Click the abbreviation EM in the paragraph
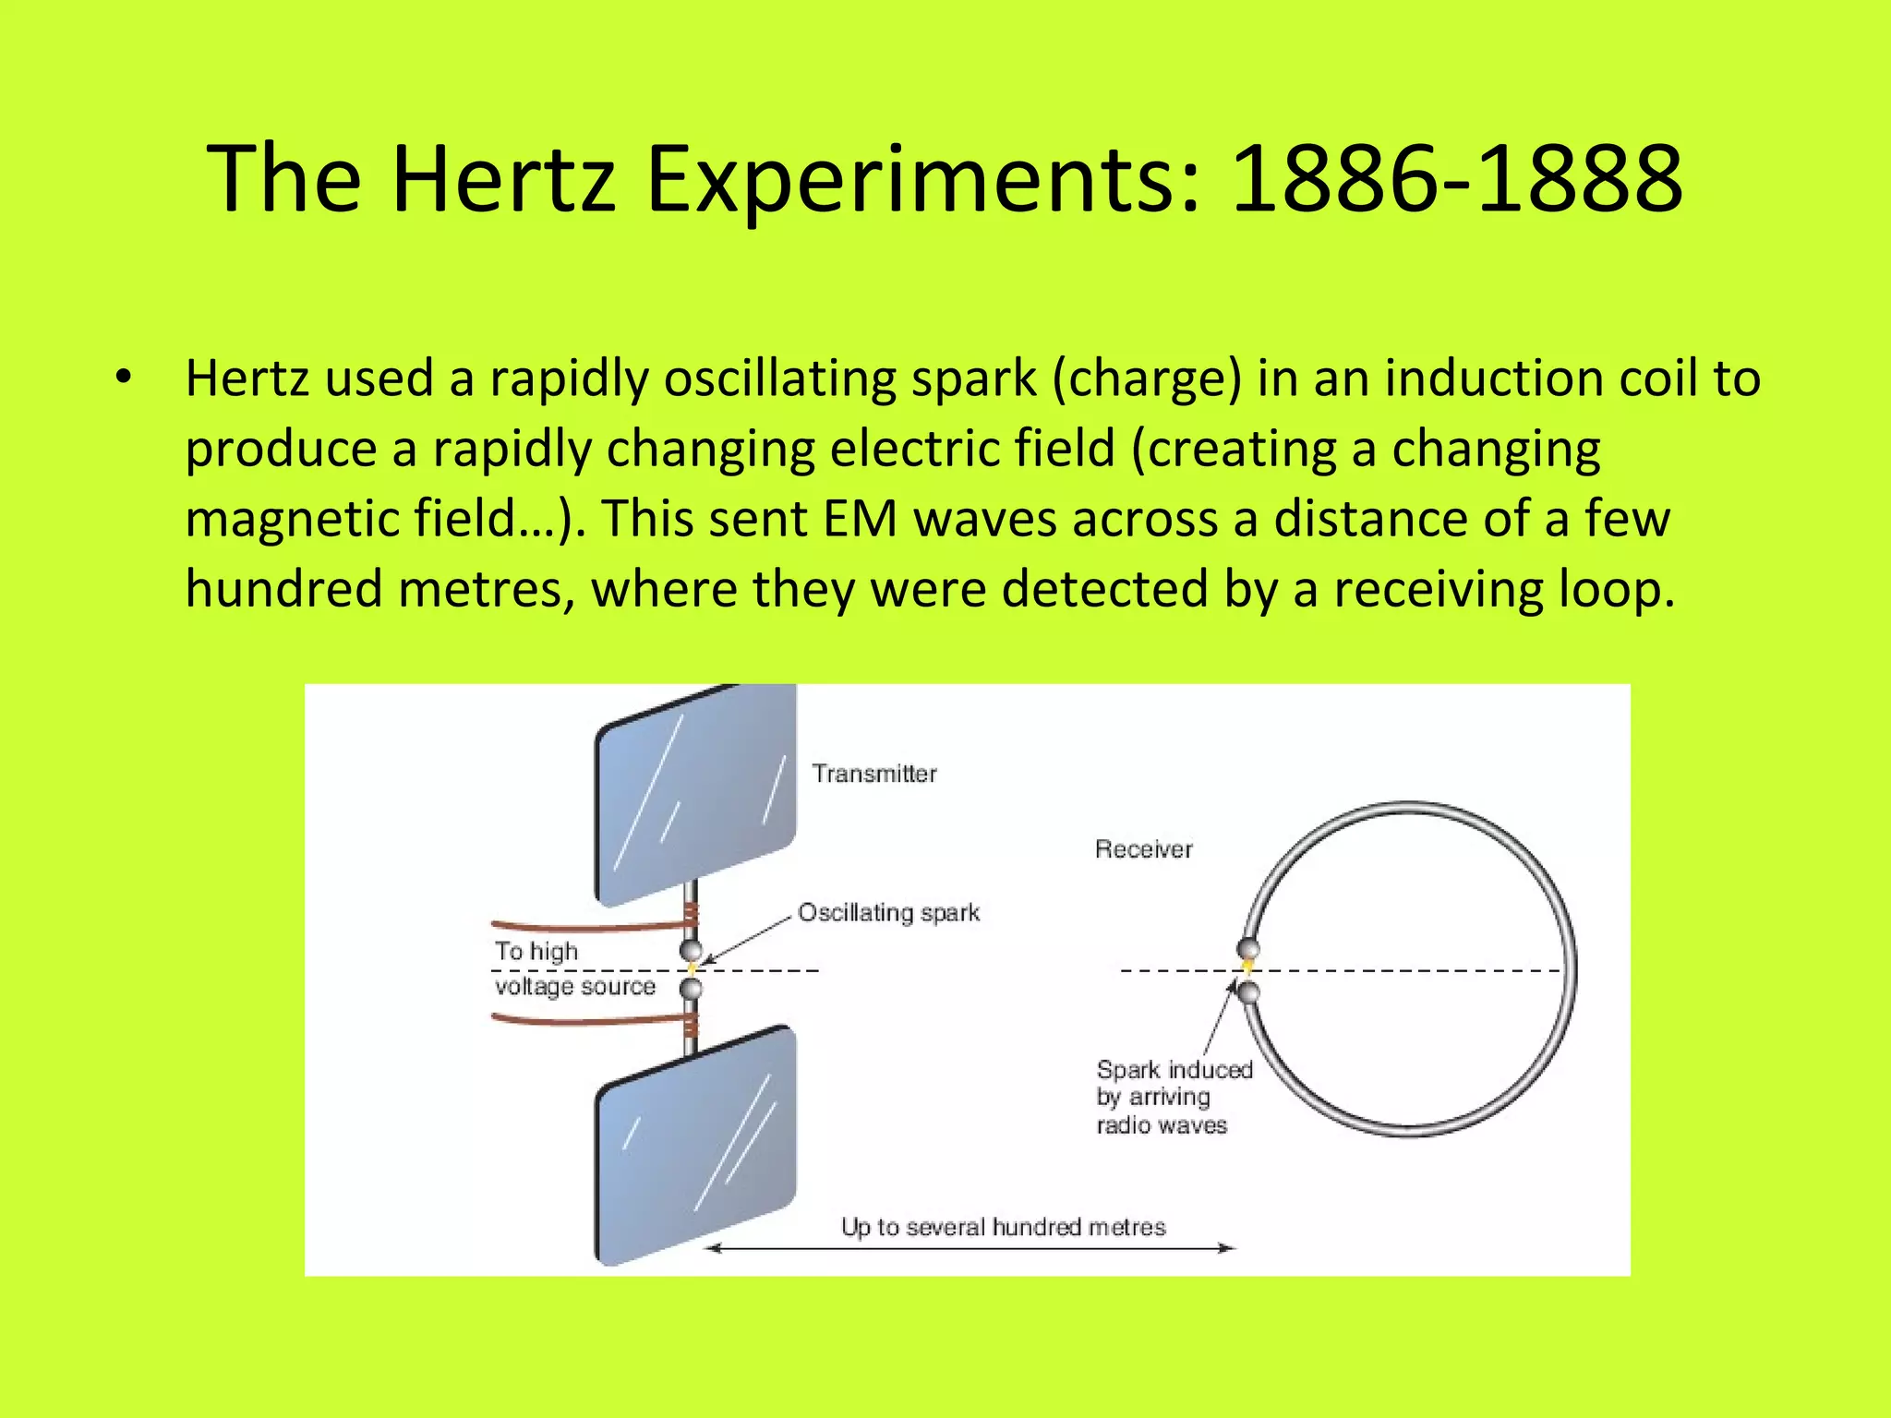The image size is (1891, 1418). (x=860, y=518)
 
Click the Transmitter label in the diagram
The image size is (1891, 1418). (x=873, y=774)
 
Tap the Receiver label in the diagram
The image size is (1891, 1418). (x=1143, y=849)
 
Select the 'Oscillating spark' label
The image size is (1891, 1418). (x=888, y=913)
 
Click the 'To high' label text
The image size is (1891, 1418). (x=536, y=951)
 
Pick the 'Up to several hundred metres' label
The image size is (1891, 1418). (x=1003, y=1227)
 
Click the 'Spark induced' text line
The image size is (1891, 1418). (x=1174, y=1070)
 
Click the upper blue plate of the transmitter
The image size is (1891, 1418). (x=695, y=794)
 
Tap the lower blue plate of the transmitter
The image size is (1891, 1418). (x=695, y=1145)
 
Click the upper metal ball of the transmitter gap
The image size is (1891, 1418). (x=691, y=950)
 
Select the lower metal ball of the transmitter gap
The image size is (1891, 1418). (x=691, y=990)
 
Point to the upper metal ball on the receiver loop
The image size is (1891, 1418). (x=1247, y=948)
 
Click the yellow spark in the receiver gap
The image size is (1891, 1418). (x=1247, y=967)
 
